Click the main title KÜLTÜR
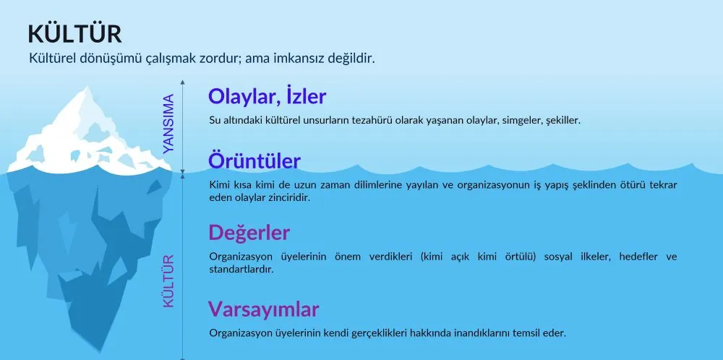coord(74,34)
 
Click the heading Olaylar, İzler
coord(267,96)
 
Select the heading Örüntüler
coord(254,161)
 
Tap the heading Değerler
coord(249,233)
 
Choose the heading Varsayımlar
coord(263,309)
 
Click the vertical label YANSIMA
coord(168,124)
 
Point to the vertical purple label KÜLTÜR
coord(168,280)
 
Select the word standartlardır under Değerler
coord(241,269)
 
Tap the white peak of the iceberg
coord(86,90)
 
